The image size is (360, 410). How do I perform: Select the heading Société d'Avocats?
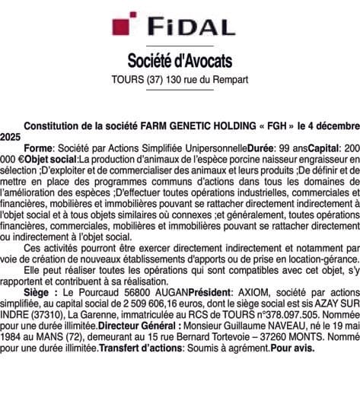coord(180,60)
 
